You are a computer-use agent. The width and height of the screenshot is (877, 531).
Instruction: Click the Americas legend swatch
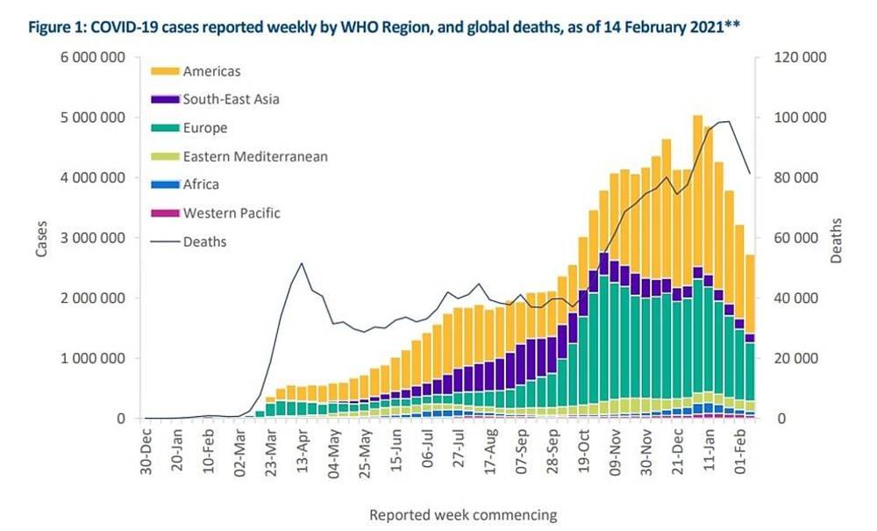(x=165, y=71)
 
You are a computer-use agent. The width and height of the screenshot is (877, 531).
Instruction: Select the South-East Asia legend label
(x=231, y=99)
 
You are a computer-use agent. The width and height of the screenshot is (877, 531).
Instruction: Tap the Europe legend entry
(x=204, y=128)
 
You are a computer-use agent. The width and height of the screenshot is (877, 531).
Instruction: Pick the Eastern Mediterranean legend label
(x=255, y=156)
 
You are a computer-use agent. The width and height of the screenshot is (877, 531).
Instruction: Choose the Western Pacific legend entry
(x=232, y=212)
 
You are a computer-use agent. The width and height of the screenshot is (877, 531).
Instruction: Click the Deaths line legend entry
(x=203, y=241)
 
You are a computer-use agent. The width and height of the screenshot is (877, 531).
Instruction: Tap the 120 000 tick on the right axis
(x=799, y=58)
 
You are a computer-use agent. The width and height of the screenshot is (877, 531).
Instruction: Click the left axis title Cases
(x=41, y=238)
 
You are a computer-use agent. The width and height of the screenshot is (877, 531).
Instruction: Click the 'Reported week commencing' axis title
(x=462, y=514)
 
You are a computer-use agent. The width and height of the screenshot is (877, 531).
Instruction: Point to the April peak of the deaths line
(x=302, y=263)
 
